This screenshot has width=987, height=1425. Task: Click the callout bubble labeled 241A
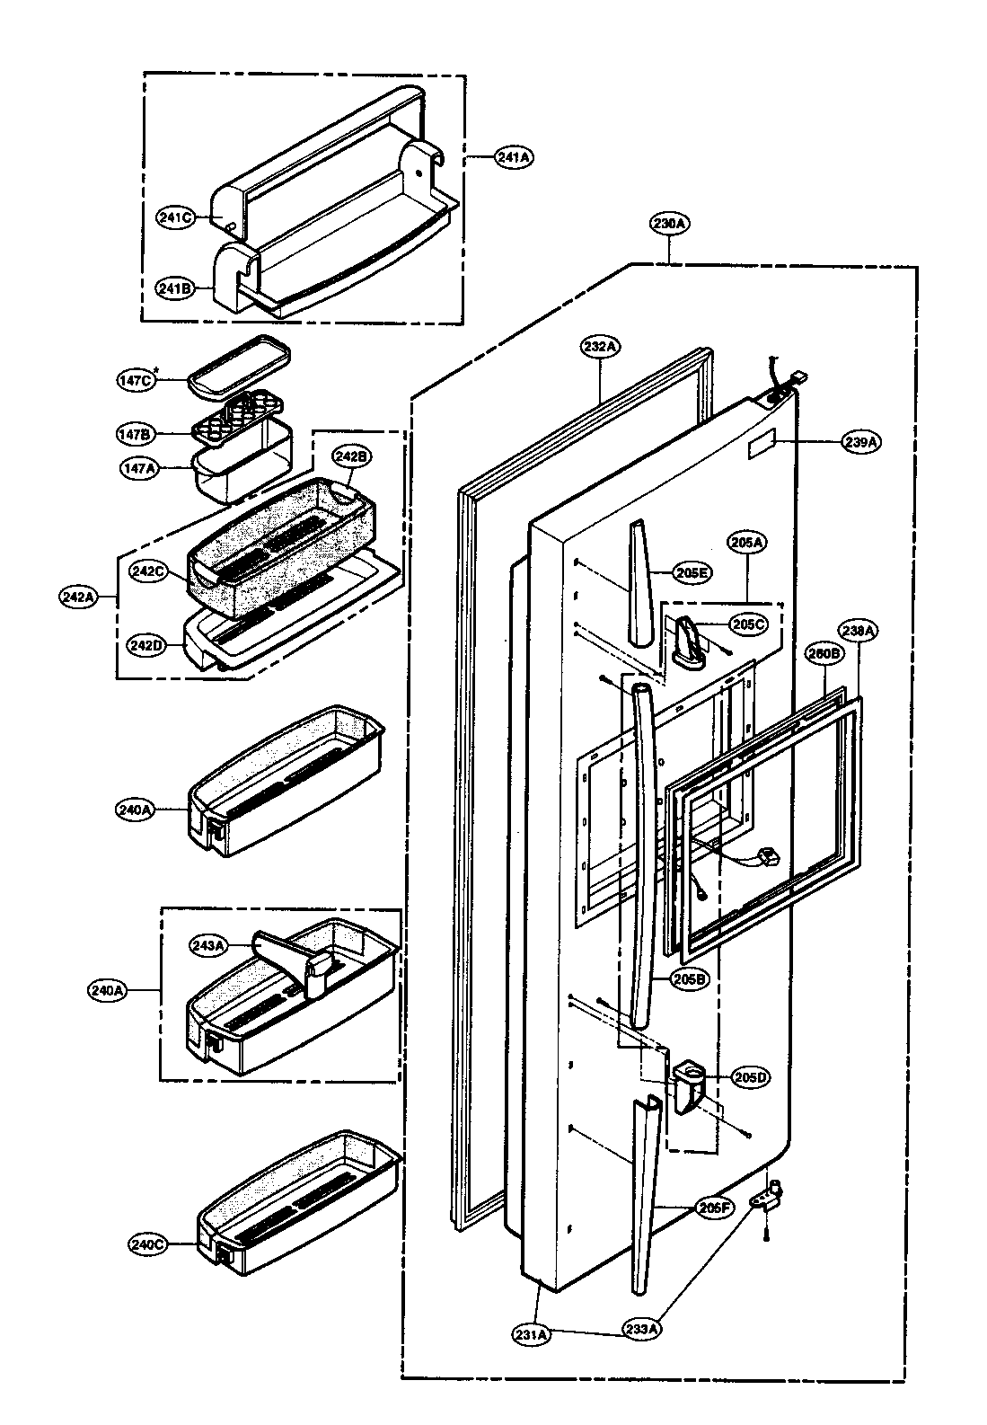514,157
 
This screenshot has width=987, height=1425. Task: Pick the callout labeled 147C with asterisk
137,380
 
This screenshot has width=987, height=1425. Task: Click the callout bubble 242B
351,456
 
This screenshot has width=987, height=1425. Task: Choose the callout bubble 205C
747,623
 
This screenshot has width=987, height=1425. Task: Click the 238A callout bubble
859,632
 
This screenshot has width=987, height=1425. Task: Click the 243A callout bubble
207,944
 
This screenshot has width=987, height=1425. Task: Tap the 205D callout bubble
749,1076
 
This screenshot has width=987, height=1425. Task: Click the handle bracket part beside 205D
685,1084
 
